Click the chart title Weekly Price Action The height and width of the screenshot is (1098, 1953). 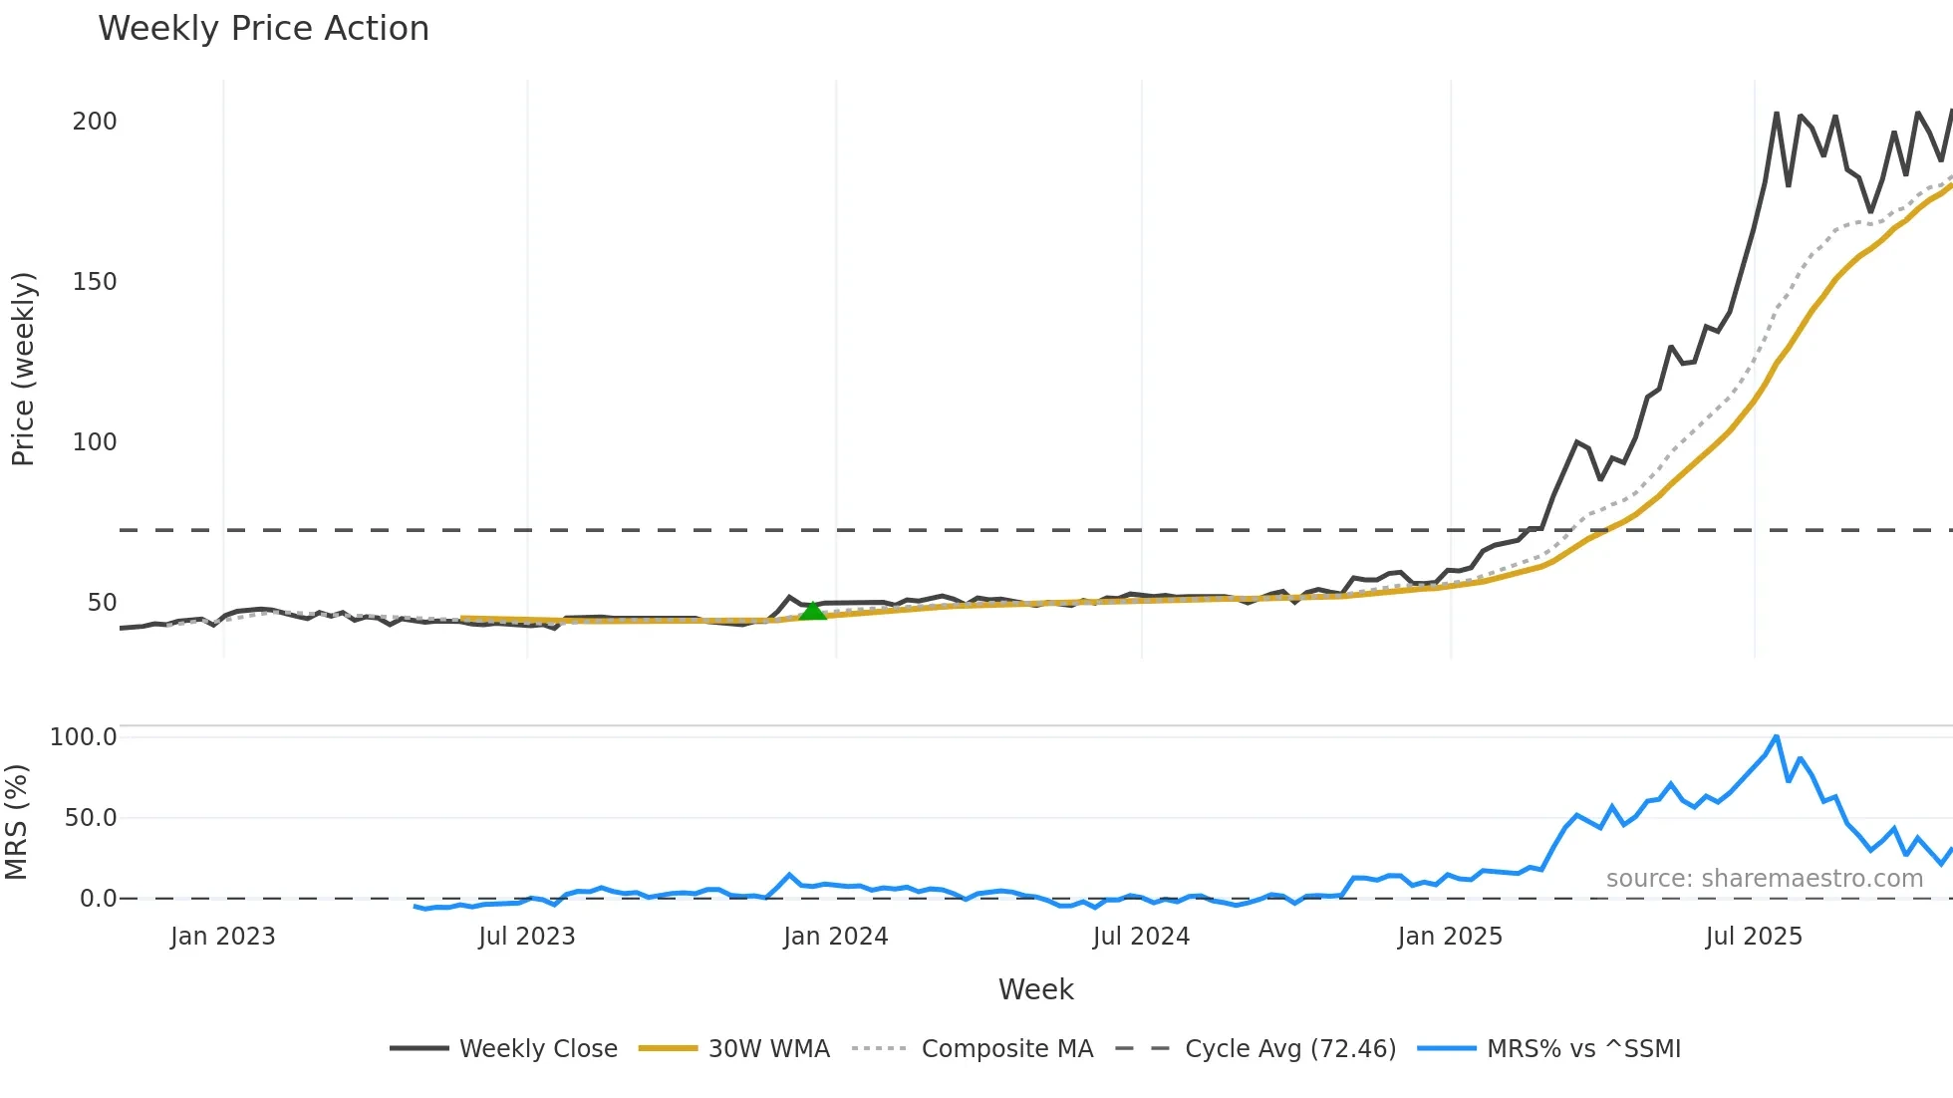[263, 29]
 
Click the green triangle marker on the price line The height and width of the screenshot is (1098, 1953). [813, 611]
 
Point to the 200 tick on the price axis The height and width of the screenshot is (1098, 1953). [95, 122]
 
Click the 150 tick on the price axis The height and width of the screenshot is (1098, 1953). [95, 282]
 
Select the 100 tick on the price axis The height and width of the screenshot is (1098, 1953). [95, 442]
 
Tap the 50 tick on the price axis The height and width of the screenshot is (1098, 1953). [102, 603]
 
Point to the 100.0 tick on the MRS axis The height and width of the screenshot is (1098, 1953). [84, 737]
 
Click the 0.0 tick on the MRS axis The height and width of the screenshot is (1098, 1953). [98, 899]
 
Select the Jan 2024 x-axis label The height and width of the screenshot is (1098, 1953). [835, 937]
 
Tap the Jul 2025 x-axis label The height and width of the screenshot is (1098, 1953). [1754, 937]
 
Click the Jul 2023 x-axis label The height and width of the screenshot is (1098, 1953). [526, 937]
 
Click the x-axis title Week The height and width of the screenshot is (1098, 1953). [1035, 989]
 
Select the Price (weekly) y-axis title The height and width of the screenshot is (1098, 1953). [23, 369]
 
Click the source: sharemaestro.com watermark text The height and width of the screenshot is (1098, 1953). [1764, 879]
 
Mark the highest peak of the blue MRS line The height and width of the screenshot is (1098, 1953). [1777, 737]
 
